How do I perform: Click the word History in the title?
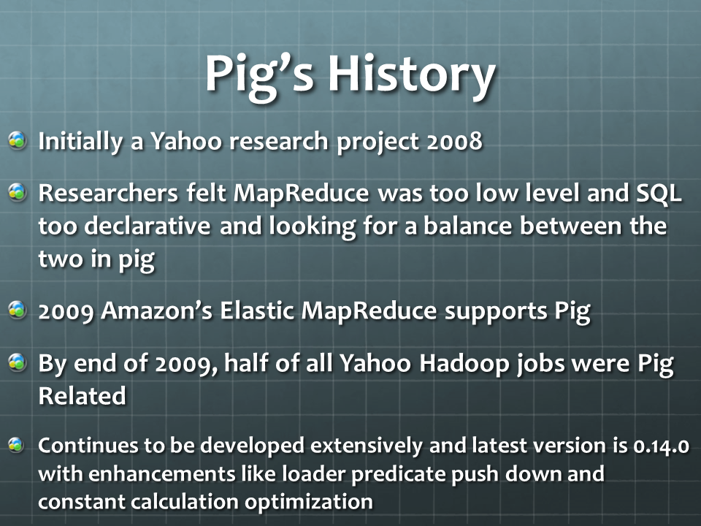412,75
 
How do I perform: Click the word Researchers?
108,193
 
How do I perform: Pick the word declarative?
147,226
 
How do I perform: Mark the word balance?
467,226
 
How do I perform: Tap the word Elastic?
256,310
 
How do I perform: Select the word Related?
83,396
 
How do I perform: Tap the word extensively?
366,446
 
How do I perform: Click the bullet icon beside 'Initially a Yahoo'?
18,140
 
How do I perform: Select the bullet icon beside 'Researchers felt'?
18,192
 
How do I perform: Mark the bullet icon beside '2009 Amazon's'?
18,310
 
